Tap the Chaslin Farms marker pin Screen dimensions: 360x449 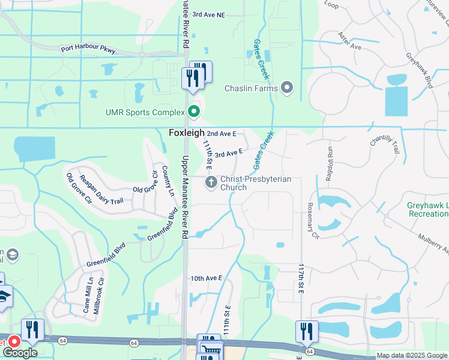click(x=287, y=88)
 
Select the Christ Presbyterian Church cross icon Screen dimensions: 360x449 click(x=211, y=182)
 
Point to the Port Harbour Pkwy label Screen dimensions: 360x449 click(x=88, y=50)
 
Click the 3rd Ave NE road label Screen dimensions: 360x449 click(x=208, y=14)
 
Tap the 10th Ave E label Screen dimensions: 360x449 click(x=206, y=278)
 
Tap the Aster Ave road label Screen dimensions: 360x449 click(x=350, y=43)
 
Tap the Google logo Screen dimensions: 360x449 click(x=20, y=353)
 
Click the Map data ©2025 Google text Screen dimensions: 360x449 click(x=411, y=355)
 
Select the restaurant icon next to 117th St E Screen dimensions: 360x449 click(x=307, y=331)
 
